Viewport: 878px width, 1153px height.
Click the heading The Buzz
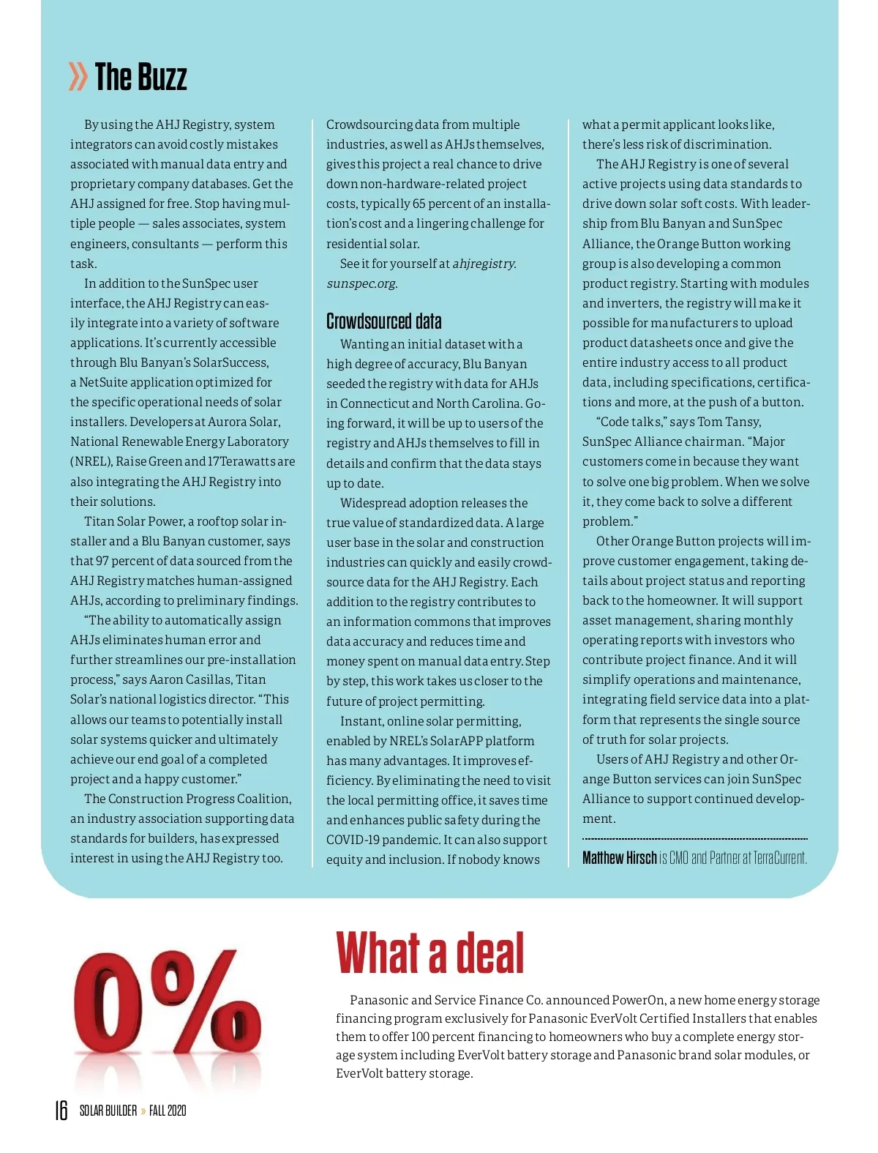(140, 77)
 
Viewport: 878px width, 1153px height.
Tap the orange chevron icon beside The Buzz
(78, 77)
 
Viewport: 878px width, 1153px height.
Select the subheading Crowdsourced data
(383, 321)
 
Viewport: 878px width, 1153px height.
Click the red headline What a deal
(429, 952)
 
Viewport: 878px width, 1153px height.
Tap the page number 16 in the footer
(61, 1111)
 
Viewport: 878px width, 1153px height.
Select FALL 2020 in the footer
(168, 1111)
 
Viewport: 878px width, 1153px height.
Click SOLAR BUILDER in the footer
(108, 1111)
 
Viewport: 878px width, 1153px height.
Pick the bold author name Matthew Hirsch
(619, 858)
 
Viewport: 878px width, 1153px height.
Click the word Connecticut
(375, 403)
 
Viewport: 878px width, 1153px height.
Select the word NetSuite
(105, 382)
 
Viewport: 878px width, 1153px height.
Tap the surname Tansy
(744, 422)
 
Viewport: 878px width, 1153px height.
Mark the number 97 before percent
(102, 561)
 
